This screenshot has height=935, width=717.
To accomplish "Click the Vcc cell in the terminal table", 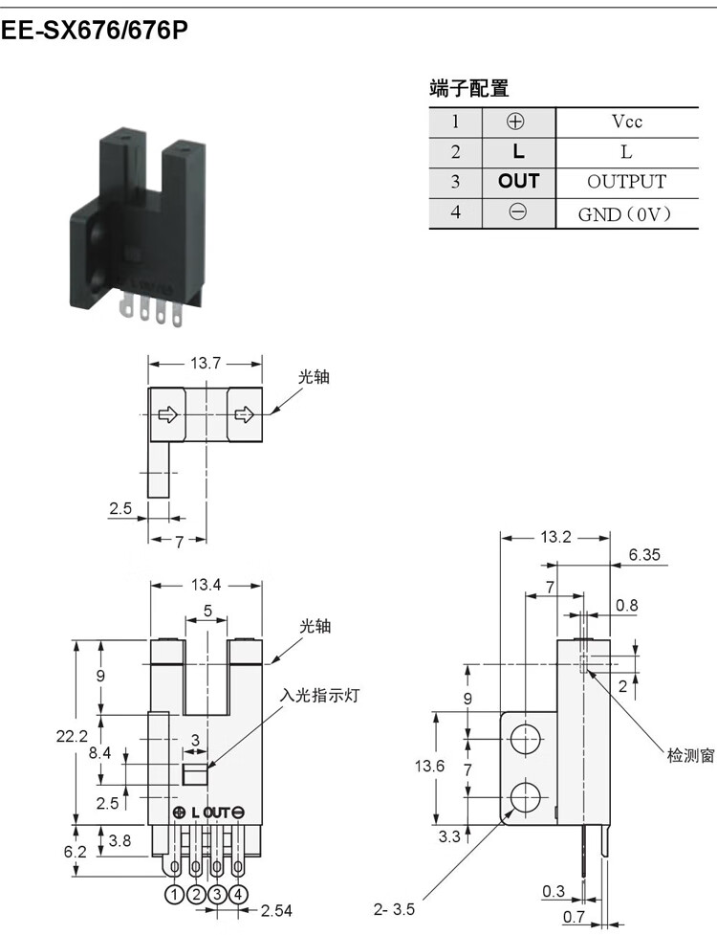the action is pyautogui.click(x=627, y=122).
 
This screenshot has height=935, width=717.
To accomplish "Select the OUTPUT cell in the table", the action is pyautogui.click(x=626, y=182).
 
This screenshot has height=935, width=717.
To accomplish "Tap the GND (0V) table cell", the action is pyautogui.click(x=625, y=213).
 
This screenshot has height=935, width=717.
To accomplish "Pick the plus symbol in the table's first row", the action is pyautogui.click(x=515, y=122).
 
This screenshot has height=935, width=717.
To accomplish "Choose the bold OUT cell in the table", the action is pyautogui.click(x=519, y=181).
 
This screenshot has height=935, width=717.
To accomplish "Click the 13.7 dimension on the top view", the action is pyautogui.click(x=206, y=363).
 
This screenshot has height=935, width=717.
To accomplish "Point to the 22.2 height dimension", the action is pyautogui.click(x=72, y=736).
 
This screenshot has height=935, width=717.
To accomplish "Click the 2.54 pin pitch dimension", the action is pyautogui.click(x=276, y=910).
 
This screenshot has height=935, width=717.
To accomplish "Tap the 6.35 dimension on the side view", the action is pyautogui.click(x=645, y=554).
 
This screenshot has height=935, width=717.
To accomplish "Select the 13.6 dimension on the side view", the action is pyautogui.click(x=429, y=765).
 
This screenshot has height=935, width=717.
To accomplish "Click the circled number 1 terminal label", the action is pyautogui.click(x=175, y=895).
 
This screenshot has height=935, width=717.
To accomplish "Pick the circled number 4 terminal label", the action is pyautogui.click(x=238, y=895).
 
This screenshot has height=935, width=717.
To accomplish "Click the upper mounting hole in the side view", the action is pyautogui.click(x=525, y=739).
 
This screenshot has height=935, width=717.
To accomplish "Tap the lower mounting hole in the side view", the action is pyautogui.click(x=525, y=796).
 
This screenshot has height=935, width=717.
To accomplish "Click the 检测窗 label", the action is pyautogui.click(x=690, y=755).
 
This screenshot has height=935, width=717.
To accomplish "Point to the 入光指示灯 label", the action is pyautogui.click(x=320, y=696).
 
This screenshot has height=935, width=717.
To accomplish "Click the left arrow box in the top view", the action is pyautogui.click(x=168, y=414).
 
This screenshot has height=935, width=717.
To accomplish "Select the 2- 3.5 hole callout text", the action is pyautogui.click(x=394, y=909).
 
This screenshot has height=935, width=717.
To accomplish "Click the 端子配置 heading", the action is pyautogui.click(x=469, y=88).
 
